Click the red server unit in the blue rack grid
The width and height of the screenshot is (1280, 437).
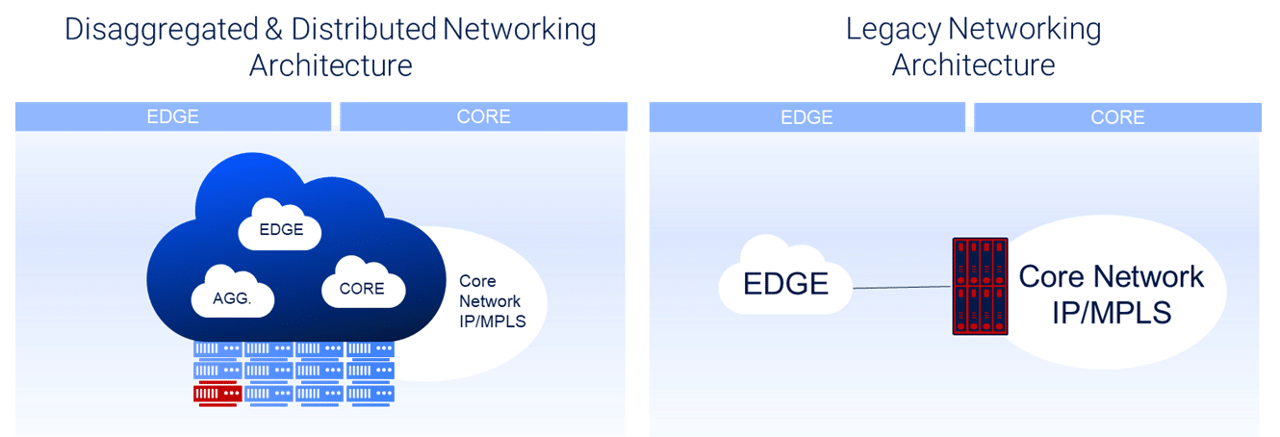click(x=217, y=393)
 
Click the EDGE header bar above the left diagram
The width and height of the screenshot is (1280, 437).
click(x=173, y=116)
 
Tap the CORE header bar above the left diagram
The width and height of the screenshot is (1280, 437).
click(x=483, y=116)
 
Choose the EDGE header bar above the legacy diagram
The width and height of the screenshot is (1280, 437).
click(x=806, y=116)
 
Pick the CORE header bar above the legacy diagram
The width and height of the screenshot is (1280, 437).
click(x=1117, y=116)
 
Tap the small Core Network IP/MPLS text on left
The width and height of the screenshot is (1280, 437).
click(x=491, y=300)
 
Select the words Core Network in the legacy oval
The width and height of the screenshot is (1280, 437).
click(x=1111, y=276)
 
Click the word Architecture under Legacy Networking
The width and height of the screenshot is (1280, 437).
click(x=973, y=65)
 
